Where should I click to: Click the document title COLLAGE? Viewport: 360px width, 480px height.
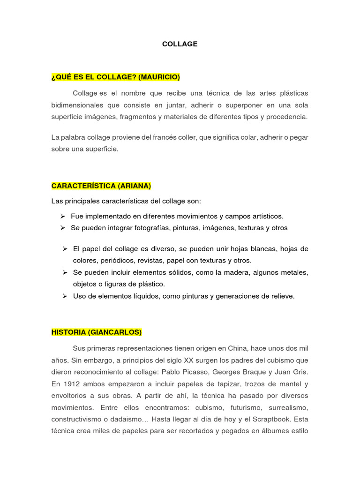click(180, 44)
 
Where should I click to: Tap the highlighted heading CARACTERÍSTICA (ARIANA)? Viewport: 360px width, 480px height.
click(101, 186)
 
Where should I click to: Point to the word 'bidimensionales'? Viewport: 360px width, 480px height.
click(76, 105)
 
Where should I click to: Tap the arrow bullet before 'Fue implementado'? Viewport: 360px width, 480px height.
click(62, 216)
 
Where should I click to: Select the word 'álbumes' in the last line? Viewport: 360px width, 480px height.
click(277, 430)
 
